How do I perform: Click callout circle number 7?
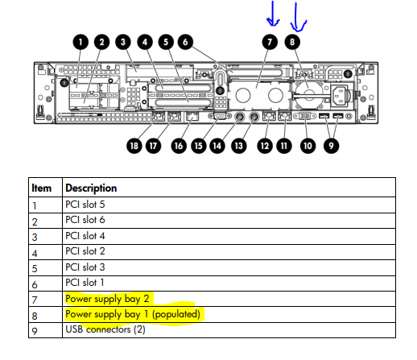[x=270, y=42]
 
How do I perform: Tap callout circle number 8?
[x=292, y=42]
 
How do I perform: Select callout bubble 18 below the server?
[x=134, y=146]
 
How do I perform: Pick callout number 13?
[x=238, y=146]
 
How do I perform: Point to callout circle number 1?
[x=81, y=42]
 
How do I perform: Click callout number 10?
[x=308, y=146]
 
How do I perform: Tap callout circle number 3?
[x=123, y=42]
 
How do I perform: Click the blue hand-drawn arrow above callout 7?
[x=273, y=14]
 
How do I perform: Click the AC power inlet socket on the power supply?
[x=340, y=96]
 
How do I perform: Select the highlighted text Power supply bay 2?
[x=107, y=299]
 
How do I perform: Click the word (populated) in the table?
[x=176, y=314]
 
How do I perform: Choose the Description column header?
[x=91, y=188]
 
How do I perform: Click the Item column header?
[x=41, y=188]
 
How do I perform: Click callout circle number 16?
[x=179, y=146]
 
